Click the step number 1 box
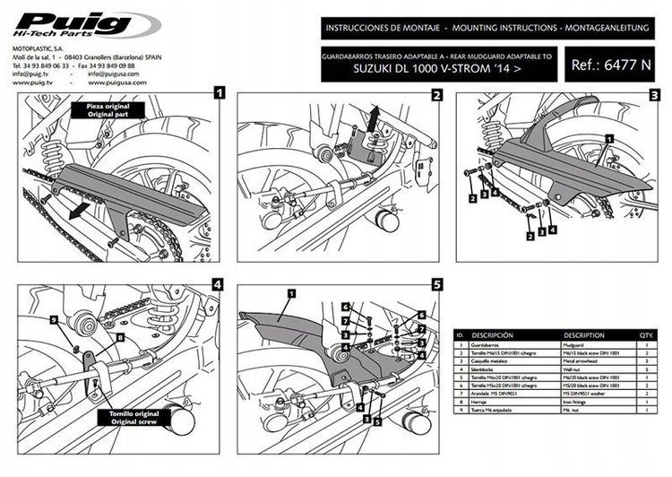coord(219,93)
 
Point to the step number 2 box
coord(436,94)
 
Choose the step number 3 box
coord(655,94)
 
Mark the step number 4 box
coord(219,284)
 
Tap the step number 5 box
coord(436,284)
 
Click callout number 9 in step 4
coord(53,319)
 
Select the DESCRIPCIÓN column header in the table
coord(491,337)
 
